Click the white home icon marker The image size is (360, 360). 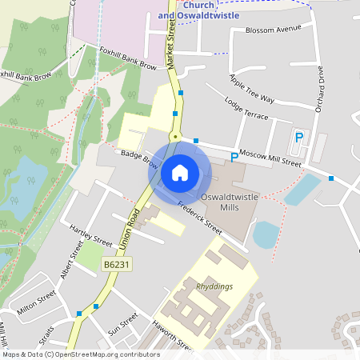[x=179, y=171]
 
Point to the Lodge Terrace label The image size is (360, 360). [x=247, y=110]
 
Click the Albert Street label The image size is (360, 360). [x=71, y=260]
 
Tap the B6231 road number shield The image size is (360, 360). [x=116, y=263]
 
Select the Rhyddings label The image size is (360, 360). [x=212, y=284]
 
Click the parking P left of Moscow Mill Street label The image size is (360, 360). [x=234, y=157]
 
